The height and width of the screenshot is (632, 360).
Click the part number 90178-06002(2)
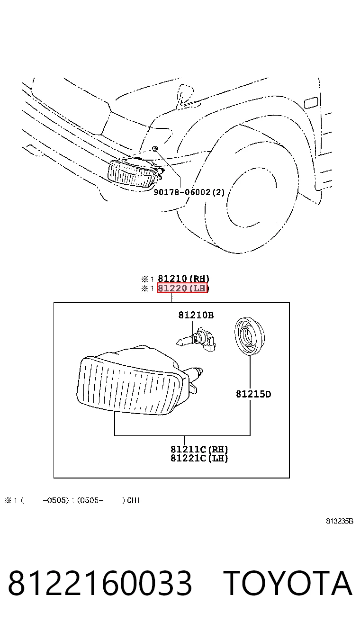(x=189, y=192)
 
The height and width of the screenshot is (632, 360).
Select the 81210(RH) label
(x=183, y=279)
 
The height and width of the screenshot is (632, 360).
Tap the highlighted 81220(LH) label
(x=182, y=288)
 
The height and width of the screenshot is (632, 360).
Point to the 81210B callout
(x=196, y=315)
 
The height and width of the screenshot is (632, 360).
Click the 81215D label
(x=253, y=394)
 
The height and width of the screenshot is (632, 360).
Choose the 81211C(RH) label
(x=199, y=449)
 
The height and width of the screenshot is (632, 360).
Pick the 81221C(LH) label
(x=199, y=458)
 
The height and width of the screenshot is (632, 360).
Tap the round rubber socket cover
(x=250, y=336)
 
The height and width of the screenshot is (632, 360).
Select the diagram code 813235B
(x=340, y=521)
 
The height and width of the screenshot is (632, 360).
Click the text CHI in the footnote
(x=133, y=500)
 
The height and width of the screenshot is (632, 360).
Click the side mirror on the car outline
(x=186, y=95)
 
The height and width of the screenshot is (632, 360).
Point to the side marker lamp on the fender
(x=311, y=103)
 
